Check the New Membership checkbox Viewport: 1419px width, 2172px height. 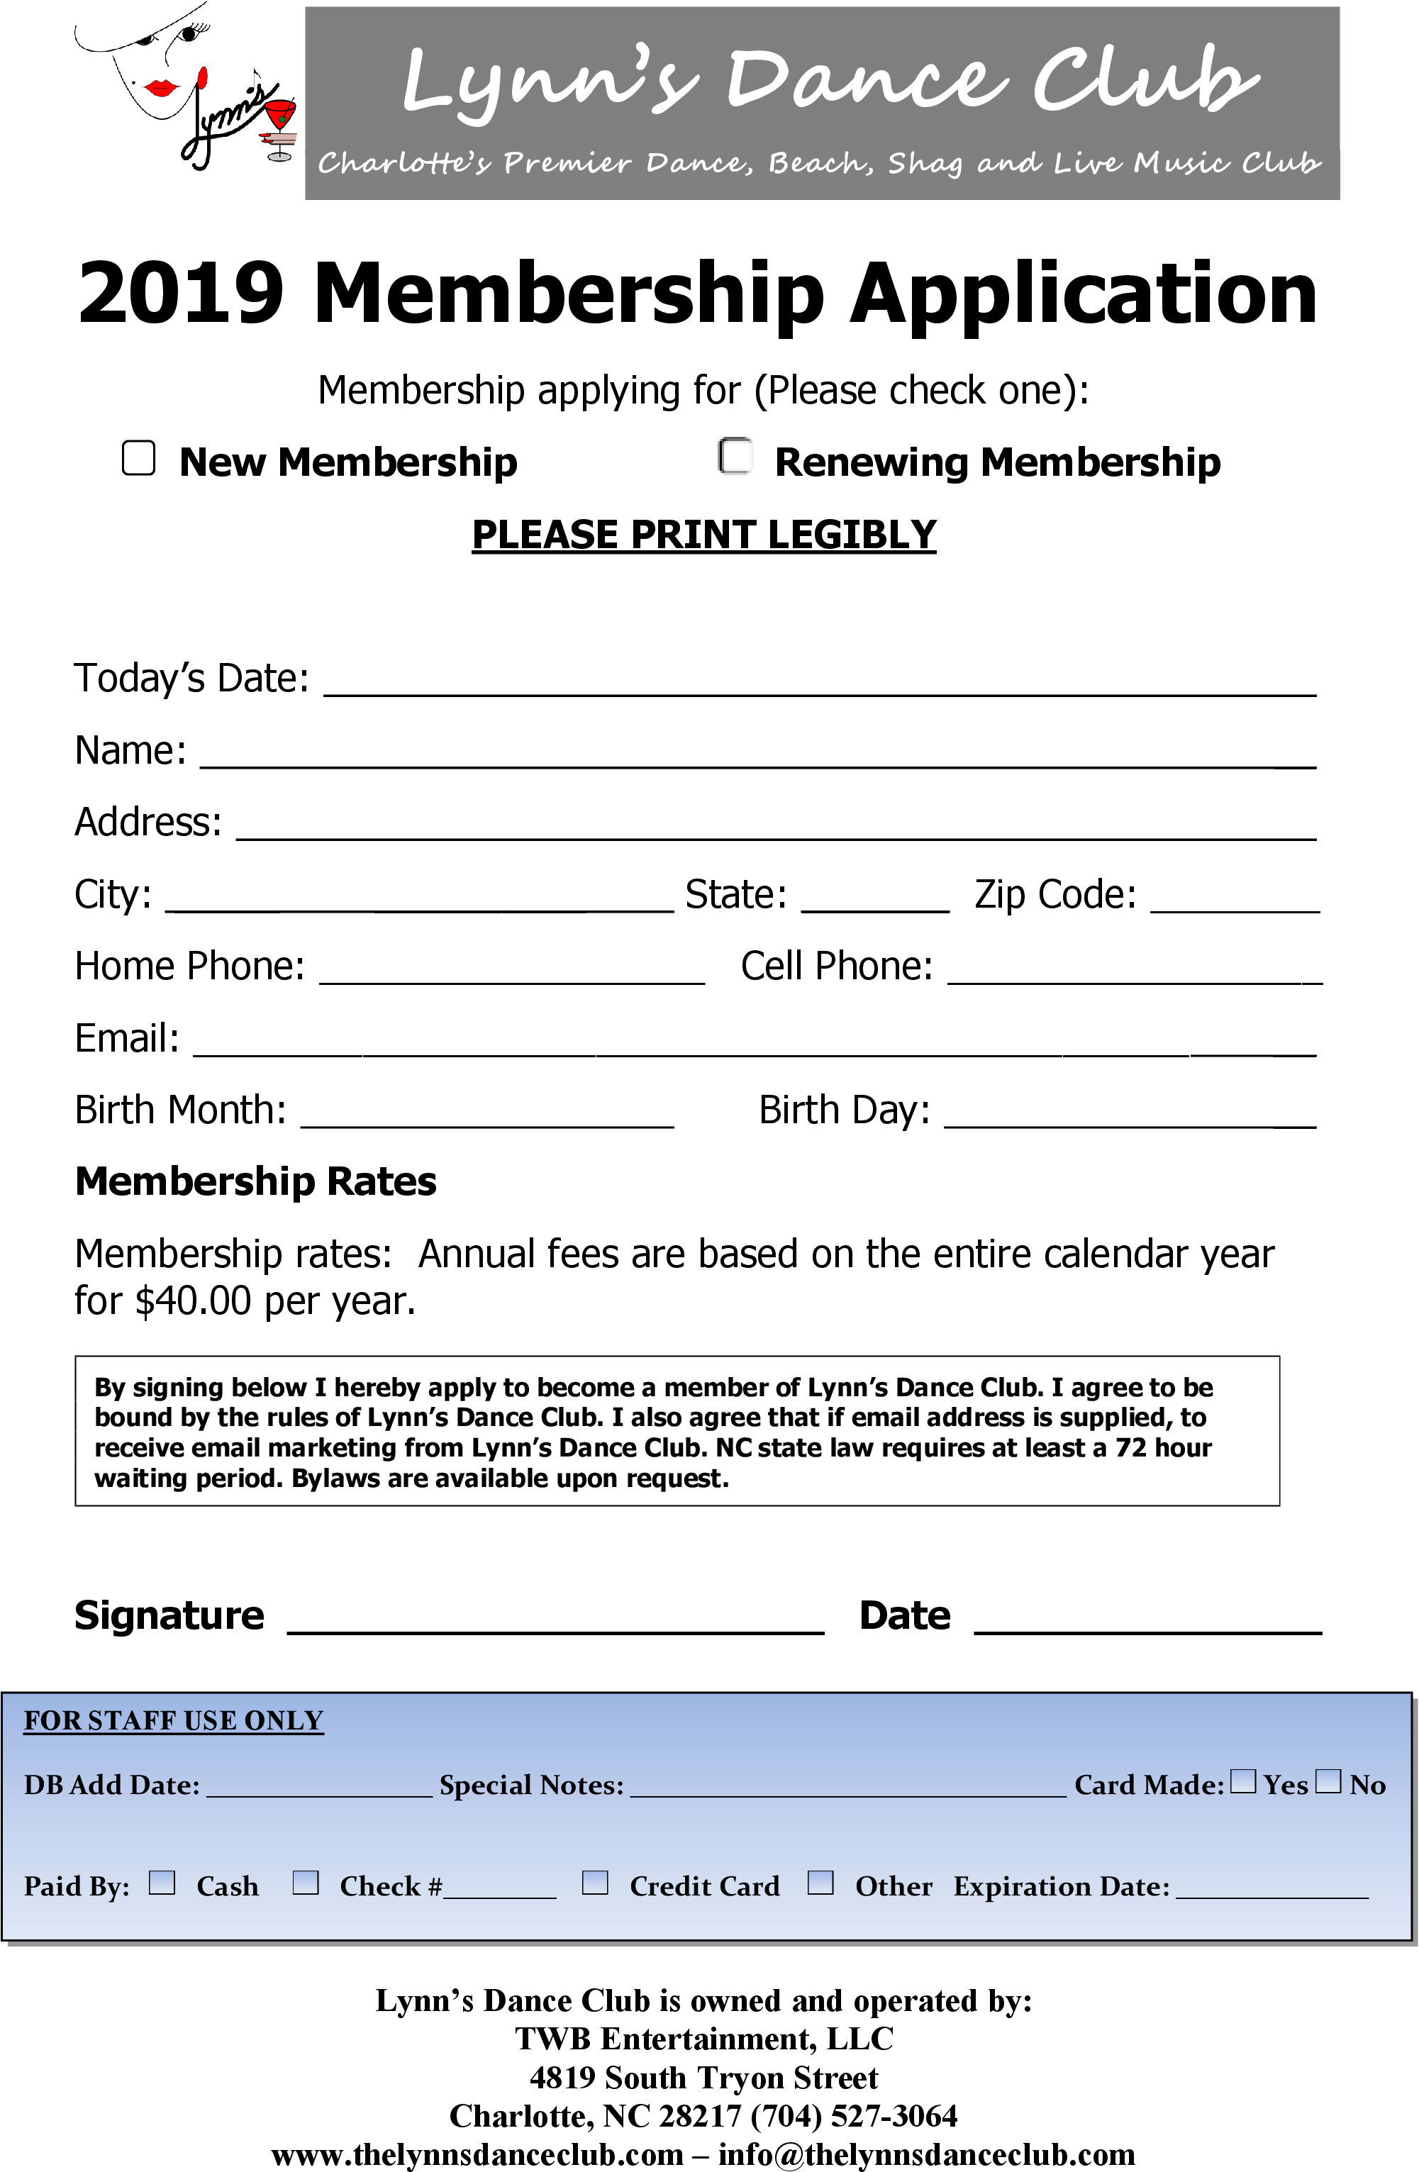point(139,458)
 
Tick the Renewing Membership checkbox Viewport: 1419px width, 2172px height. point(735,456)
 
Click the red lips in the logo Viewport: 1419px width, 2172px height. point(162,88)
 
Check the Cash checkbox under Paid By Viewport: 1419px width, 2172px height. point(162,1883)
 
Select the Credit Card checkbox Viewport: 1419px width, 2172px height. point(595,1883)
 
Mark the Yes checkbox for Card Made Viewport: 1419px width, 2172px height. point(1243,1781)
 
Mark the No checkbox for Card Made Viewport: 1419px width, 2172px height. point(1329,1781)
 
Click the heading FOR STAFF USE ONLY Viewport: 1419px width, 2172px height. point(173,1720)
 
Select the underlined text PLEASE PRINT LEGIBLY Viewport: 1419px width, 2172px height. point(703,534)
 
